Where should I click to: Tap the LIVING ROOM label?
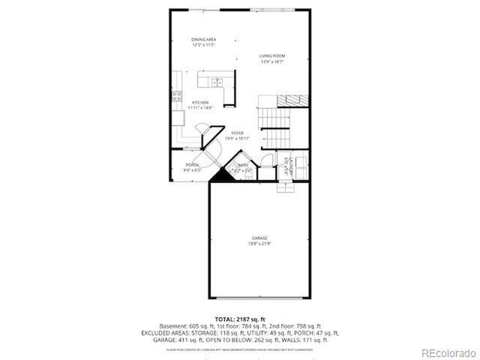click(273, 55)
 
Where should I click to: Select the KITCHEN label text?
click(200, 102)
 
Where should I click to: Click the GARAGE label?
click(259, 238)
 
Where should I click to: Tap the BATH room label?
click(243, 165)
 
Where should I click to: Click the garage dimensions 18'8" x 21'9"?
click(259, 244)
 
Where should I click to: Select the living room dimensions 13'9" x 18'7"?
click(273, 61)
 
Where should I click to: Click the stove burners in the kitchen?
click(178, 95)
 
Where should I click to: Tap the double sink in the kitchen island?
click(217, 82)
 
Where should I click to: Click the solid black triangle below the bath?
click(220, 177)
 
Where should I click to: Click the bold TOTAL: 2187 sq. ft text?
click(240, 319)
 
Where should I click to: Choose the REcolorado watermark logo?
click(448, 352)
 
